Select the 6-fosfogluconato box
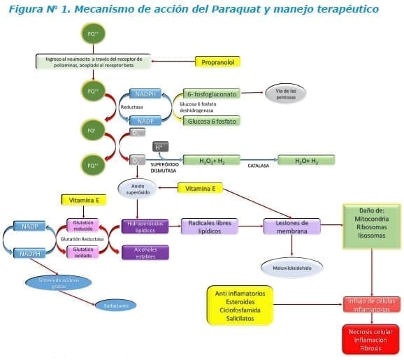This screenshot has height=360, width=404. point(212,93)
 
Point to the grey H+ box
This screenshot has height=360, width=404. point(159,147)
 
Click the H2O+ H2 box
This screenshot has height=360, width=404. point(305,160)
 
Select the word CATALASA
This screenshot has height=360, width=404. point(258,166)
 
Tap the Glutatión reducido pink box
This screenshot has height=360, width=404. point(83,225)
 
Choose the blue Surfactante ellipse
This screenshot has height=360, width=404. point(115,305)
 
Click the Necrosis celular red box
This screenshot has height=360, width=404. point(370,339)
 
